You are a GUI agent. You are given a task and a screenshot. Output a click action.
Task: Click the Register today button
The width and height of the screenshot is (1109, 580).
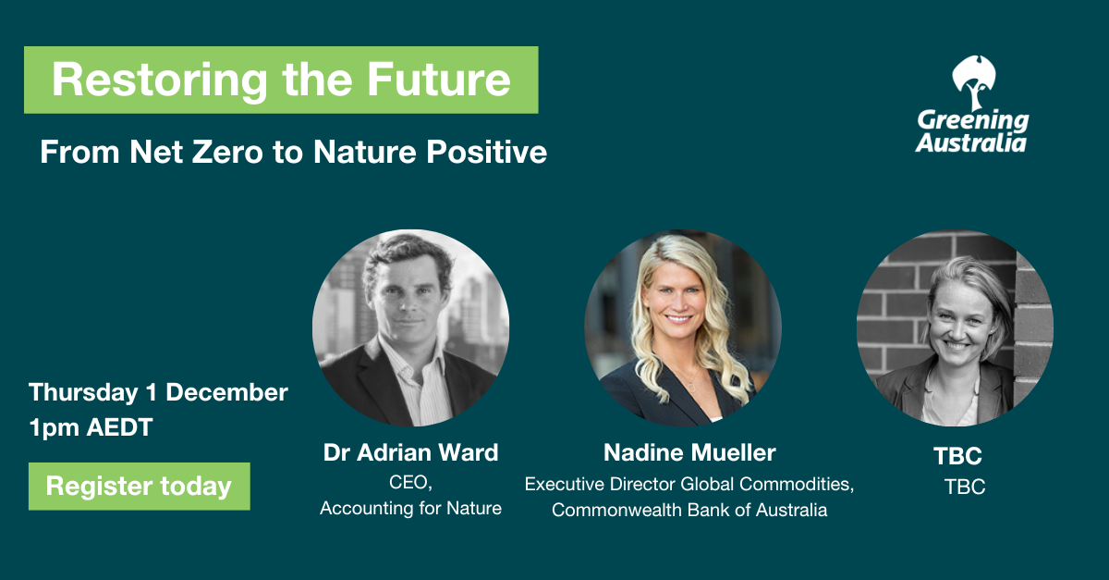140,487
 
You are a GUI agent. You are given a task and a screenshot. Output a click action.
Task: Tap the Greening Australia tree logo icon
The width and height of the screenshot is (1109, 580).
973,82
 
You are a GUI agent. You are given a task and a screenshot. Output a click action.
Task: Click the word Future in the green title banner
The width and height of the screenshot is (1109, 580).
439,80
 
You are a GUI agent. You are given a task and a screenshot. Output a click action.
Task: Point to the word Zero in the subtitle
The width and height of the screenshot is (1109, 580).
227,152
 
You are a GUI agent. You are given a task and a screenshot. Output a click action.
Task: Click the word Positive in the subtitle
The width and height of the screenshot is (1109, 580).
487,152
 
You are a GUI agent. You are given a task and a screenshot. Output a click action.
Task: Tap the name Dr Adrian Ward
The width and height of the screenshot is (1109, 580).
410,452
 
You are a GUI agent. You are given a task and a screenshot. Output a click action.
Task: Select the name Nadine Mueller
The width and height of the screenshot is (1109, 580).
689,452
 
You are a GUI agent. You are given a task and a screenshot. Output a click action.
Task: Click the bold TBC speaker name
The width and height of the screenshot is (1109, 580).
957,456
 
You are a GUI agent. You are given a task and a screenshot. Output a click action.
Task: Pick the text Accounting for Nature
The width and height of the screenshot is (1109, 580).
410,508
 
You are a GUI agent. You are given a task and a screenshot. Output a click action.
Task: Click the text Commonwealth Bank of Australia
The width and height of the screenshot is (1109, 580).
689,510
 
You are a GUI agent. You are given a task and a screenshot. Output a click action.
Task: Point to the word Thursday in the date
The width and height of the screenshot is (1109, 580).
83,393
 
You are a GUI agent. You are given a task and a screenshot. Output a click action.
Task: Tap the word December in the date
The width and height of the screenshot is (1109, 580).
226,392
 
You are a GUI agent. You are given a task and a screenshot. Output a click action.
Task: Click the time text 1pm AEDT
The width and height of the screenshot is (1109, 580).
91,427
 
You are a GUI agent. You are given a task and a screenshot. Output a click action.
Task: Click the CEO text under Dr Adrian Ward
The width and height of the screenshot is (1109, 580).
410,482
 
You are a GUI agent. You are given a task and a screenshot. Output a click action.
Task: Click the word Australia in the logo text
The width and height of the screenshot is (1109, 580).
971,143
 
